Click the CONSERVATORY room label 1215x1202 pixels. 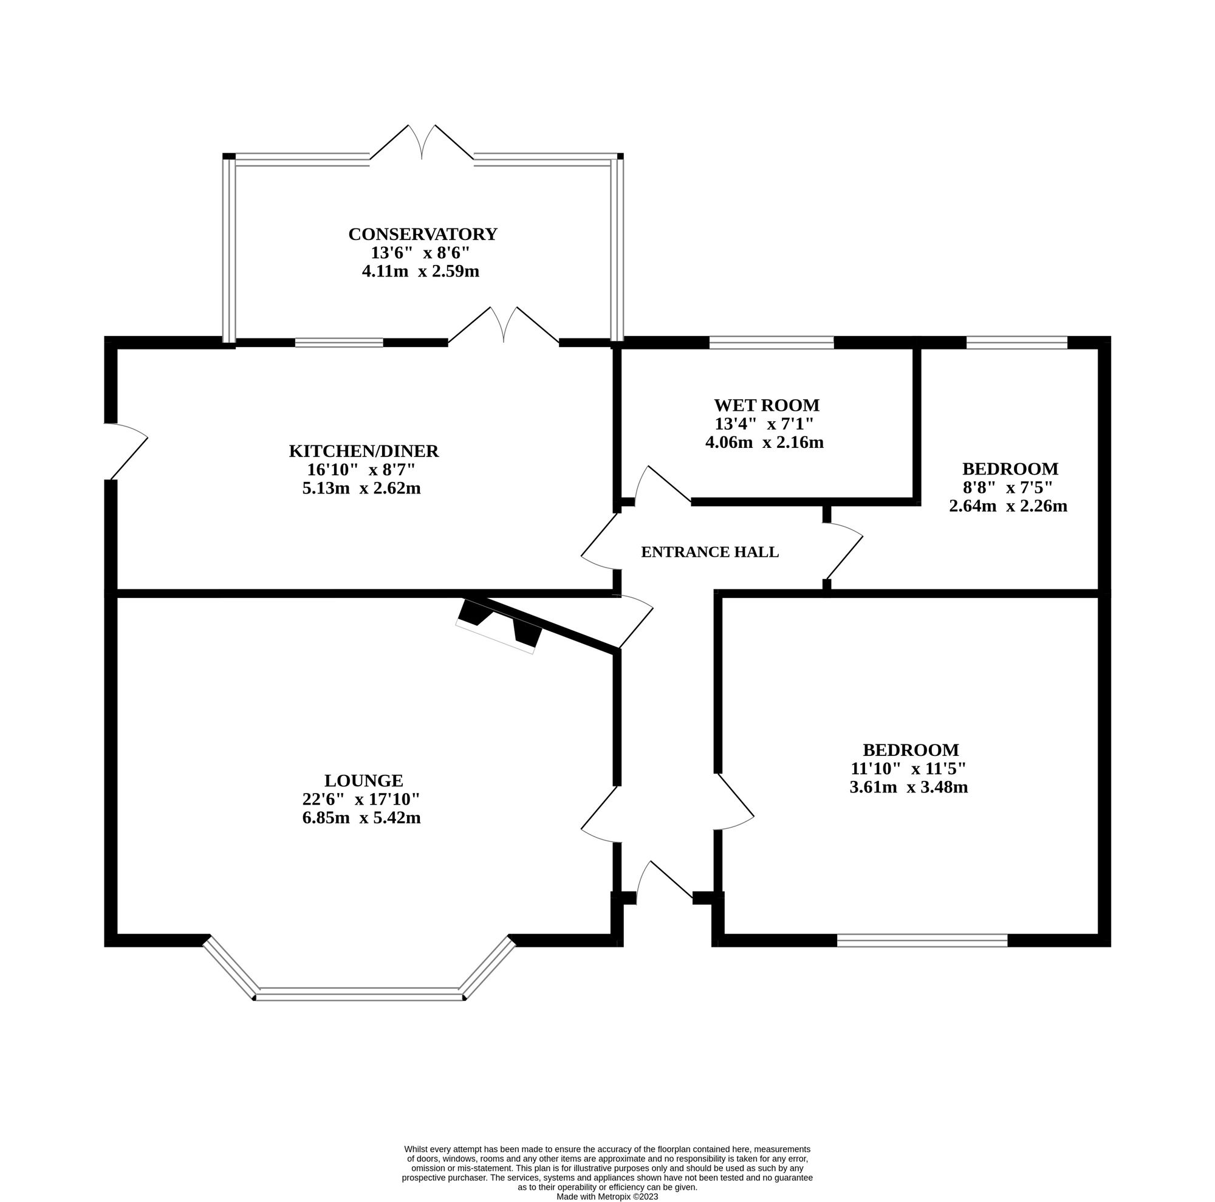(423, 234)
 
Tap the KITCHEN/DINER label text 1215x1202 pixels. (363, 451)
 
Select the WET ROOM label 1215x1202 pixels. (767, 405)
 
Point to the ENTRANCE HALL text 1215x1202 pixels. (710, 552)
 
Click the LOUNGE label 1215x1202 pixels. (363, 781)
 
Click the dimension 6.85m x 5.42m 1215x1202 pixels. (361, 818)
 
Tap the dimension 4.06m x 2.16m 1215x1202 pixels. (764, 442)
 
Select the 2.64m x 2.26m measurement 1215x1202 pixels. (1007, 506)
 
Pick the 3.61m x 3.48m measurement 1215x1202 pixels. (908, 787)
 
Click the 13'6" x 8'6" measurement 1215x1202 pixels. (420, 253)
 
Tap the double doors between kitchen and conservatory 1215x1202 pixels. (504, 325)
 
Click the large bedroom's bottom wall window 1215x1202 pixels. (922, 940)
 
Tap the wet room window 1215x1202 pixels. (771, 343)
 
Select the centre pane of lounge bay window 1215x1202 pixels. (359, 994)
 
